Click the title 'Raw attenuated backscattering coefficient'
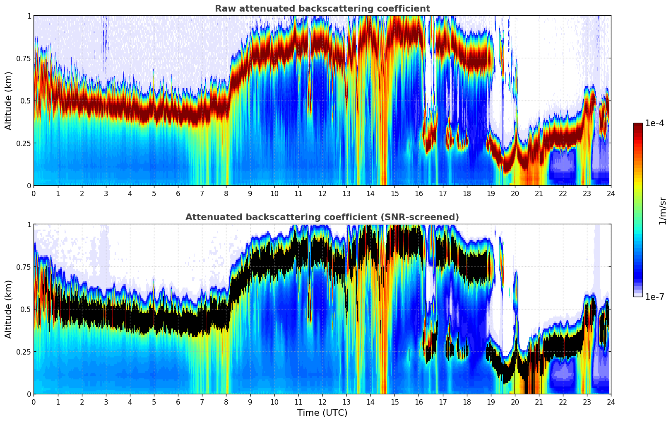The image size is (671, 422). (x=322, y=9)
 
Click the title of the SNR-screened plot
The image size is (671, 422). (x=322, y=217)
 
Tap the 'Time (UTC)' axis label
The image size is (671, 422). (x=322, y=413)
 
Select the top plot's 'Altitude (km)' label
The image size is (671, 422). (x=9, y=101)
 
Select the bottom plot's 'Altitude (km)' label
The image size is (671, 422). (x=9, y=309)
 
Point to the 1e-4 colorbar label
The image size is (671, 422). (x=654, y=123)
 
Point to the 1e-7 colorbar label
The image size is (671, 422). (x=654, y=297)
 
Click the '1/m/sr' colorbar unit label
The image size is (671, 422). (x=662, y=211)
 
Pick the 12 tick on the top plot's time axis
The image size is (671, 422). (x=322, y=193)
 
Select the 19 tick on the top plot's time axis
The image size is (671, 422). (x=491, y=193)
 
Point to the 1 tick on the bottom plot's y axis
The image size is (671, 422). (x=29, y=225)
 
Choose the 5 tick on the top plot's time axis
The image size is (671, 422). (x=154, y=193)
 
